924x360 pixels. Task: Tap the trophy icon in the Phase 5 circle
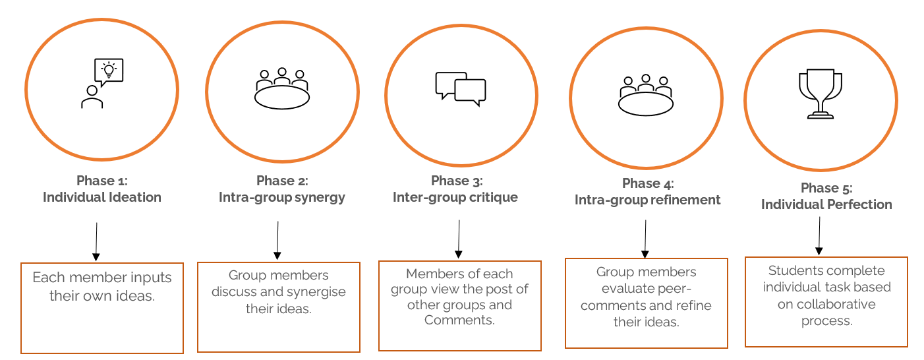coord(820,95)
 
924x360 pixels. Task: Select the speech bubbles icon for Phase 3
coord(460,89)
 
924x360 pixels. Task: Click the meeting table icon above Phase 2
coord(282,88)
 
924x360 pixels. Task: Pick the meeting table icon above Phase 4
coord(646,95)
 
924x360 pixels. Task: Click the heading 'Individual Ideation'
coord(102,197)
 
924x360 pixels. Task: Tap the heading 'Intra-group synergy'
coord(282,198)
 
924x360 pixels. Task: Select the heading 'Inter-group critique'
coord(455,197)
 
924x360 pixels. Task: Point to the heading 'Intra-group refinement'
coord(648,200)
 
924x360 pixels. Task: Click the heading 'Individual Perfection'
coord(826,204)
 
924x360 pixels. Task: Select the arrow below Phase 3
coord(458,239)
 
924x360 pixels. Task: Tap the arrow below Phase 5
coord(819,235)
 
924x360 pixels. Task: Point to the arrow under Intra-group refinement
coord(645,239)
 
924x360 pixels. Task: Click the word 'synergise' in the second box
coord(312,291)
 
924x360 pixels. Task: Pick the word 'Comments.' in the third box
coord(459,320)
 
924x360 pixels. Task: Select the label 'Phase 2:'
coord(282,181)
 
